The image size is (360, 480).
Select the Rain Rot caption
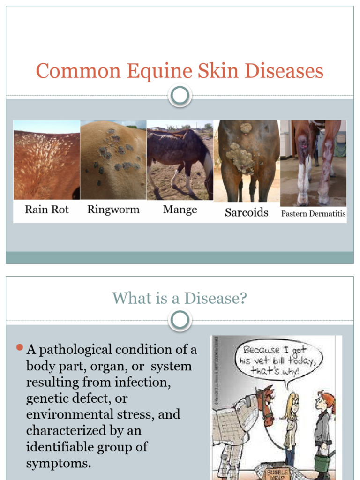coord(46,210)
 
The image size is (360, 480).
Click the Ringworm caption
coord(113,210)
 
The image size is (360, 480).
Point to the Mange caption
coord(180,210)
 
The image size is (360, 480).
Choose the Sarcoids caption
coord(247,212)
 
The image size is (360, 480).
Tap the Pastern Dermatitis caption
coord(313,214)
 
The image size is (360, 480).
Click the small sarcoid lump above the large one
coord(246,127)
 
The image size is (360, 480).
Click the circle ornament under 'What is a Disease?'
coord(180,321)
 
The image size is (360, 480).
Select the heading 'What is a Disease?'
coord(180,298)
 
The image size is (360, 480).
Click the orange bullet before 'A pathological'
coord(19,348)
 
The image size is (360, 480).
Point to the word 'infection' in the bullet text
coord(146,382)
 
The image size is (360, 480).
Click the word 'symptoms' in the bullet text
coord(58,464)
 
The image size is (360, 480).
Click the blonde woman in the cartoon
coord(291,422)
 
